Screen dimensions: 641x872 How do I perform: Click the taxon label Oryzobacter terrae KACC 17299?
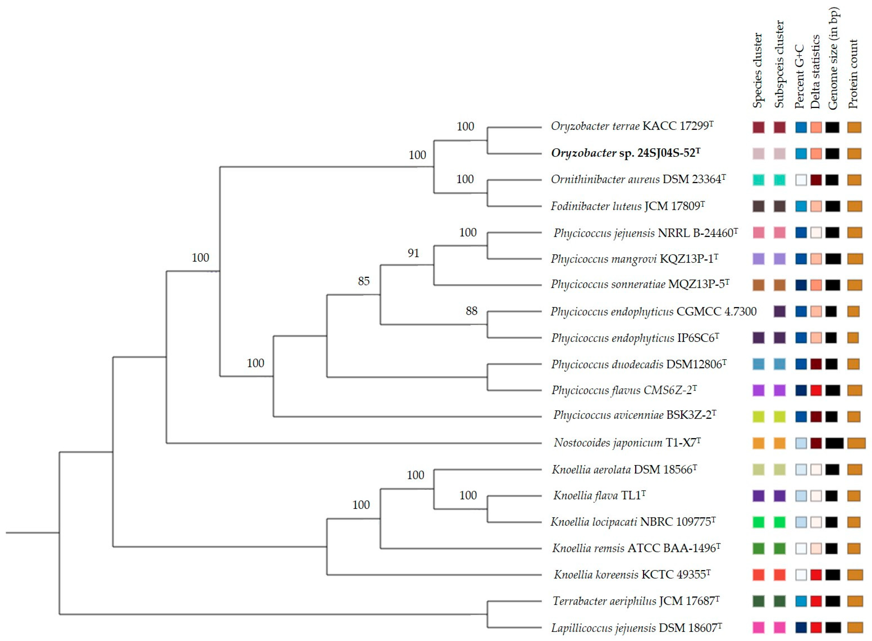632,127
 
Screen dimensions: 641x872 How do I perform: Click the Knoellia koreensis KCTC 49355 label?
632,575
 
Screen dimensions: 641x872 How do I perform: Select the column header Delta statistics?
816,72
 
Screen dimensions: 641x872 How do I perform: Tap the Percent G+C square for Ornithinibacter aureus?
801,180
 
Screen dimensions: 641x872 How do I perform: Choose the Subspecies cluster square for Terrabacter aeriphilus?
779,601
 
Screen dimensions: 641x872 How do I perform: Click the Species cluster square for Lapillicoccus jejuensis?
758,627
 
